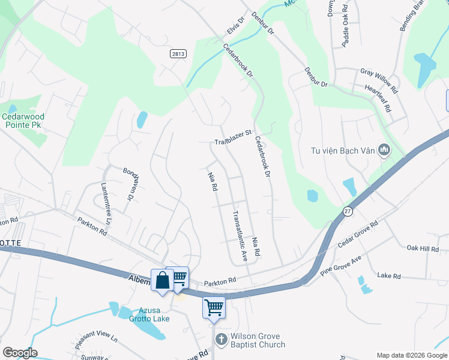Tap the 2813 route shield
pos(178,53)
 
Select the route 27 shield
pos(348,211)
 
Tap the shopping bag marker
pos(162,280)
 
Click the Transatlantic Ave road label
pos(240,236)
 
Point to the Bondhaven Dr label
pos(127,183)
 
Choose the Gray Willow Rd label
pos(379,80)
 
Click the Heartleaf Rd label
pos(378,100)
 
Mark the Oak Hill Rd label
pos(423,248)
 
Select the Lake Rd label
pos(388,275)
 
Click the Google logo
pos(20,353)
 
